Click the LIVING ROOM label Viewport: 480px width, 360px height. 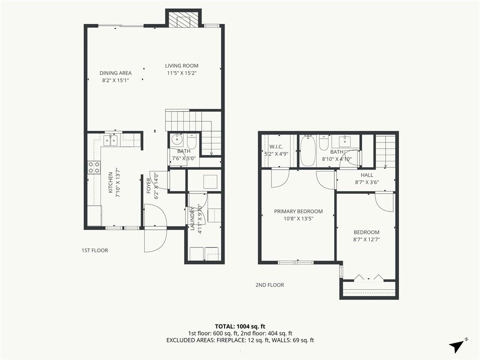click(x=181, y=66)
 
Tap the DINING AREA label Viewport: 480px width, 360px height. click(x=115, y=73)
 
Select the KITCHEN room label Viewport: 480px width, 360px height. click(x=111, y=182)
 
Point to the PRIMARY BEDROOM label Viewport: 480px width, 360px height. click(x=298, y=211)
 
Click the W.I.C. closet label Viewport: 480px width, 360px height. click(x=276, y=147)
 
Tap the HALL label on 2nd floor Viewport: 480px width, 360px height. click(x=367, y=175)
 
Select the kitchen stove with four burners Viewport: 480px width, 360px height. click(x=94, y=167)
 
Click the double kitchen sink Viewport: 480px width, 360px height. click(x=110, y=141)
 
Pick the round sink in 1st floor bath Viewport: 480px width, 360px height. click(x=176, y=140)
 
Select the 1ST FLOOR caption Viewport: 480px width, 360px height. click(x=95, y=250)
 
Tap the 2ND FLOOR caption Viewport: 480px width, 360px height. click(x=270, y=285)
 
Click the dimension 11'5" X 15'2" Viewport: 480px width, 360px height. click(x=181, y=73)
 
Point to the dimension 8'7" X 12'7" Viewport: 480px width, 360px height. click(x=367, y=240)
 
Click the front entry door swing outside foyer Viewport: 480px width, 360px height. click(x=155, y=240)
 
